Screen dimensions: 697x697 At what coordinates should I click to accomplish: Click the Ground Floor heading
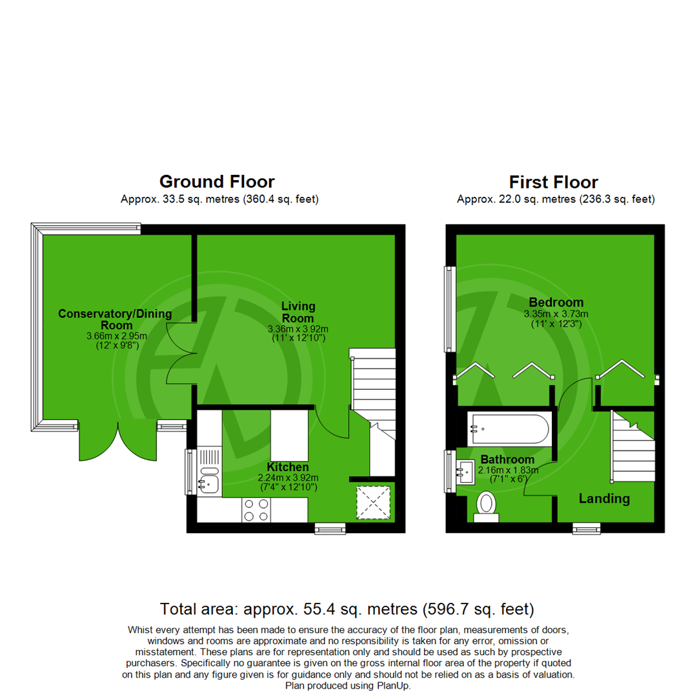pyautogui.click(x=217, y=182)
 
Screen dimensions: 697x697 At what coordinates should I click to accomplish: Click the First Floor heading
pyautogui.click(x=553, y=182)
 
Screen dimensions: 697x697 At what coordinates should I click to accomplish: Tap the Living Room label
pyautogui.click(x=298, y=313)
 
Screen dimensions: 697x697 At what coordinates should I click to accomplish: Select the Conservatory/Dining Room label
pyautogui.click(x=116, y=319)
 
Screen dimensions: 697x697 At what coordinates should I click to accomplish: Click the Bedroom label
pyautogui.click(x=556, y=302)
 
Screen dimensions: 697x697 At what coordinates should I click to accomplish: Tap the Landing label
pyautogui.click(x=603, y=499)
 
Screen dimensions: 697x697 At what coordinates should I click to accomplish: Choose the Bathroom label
pyautogui.click(x=507, y=460)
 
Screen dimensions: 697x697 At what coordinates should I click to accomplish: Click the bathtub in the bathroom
pyautogui.click(x=509, y=429)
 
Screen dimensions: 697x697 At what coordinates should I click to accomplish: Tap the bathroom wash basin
pyautogui.click(x=467, y=472)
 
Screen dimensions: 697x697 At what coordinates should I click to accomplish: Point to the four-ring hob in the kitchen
pyautogui.click(x=255, y=509)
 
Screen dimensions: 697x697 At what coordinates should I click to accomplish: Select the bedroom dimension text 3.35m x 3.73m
pyautogui.click(x=556, y=314)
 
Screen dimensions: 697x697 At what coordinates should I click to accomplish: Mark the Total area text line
pyautogui.click(x=348, y=608)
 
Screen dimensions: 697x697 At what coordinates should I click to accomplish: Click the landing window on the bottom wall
pyautogui.click(x=586, y=529)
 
